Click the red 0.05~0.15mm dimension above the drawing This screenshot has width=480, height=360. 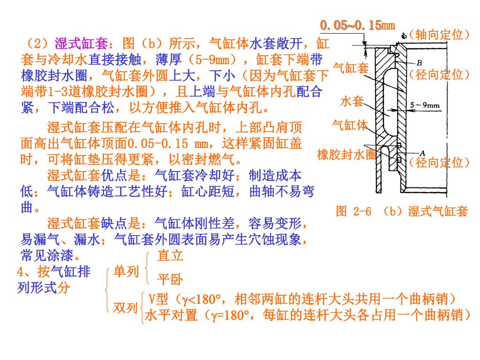[357, 25]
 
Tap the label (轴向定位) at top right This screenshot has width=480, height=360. [439, 34]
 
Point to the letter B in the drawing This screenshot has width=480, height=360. [419, 63]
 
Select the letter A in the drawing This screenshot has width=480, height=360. [421, 152]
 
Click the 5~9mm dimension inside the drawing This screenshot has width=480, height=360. [425, 105]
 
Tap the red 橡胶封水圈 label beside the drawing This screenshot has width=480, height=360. [347, 155]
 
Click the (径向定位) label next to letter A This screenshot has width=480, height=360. [439, 163]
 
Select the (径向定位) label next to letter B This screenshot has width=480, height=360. [439, 75]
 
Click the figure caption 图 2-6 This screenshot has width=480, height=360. [354, 211]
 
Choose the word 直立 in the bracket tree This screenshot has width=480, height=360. [170, 256]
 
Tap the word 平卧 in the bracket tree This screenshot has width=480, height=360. [170, 280]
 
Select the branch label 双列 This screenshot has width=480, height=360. [126, 307]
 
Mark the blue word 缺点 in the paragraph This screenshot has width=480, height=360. [114, 224]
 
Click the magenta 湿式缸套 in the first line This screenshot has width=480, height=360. [82, 44]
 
